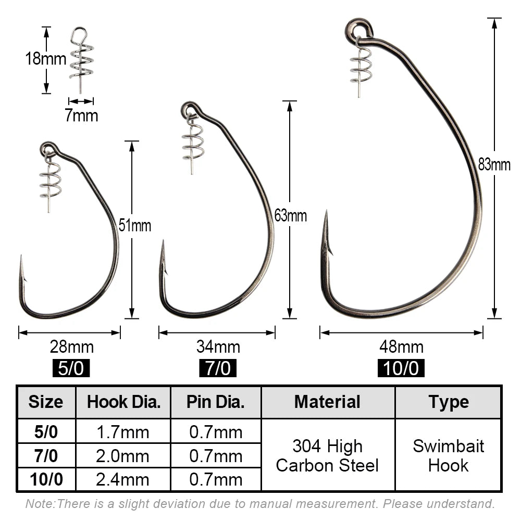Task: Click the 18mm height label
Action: click(46, 59)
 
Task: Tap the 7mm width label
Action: click(81, 116)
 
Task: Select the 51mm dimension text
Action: click(135, 226)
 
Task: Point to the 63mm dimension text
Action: click(290, 216)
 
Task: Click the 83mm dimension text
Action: click(494, 165)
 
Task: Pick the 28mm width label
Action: click(72, 347)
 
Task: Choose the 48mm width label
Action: click(401, 347)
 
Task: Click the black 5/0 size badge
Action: click(71, 368)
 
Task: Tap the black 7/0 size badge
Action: click(218, 368)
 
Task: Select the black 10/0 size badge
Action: click(401, 368)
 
